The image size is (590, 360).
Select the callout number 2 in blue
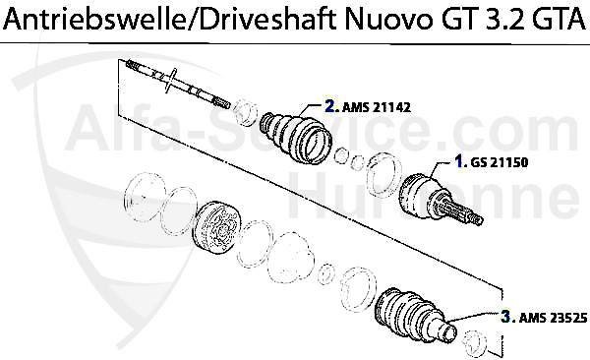(330, 102)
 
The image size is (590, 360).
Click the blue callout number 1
(458, 159)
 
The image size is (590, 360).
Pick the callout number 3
(504, 317)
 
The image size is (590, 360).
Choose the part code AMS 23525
(548, 317)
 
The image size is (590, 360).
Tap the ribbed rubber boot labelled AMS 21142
(294, 136)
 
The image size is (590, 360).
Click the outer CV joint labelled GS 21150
(429, 196)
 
